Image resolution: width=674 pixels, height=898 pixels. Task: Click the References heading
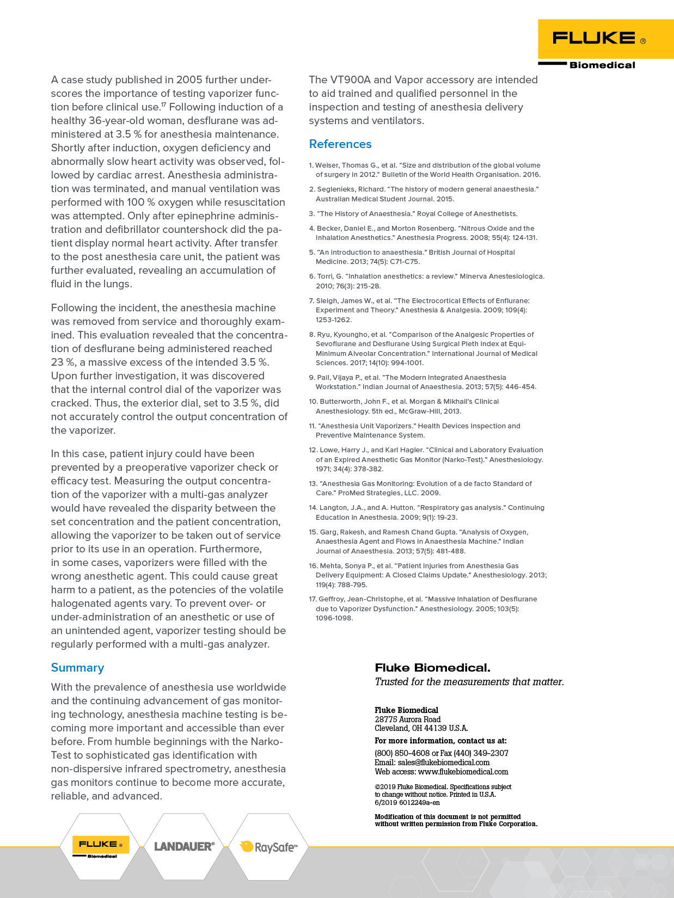click(x=340, y=144)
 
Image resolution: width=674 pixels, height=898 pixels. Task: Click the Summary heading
click(x=77, y=668)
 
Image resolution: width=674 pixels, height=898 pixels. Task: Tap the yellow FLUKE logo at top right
click(x=599, y=39)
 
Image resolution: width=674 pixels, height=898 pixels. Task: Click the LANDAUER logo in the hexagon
click(x=184, y=846)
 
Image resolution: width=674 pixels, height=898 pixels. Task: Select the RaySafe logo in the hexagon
click(x=269, y=847)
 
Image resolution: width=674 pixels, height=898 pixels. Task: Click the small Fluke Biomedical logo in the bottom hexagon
click(x=101, y=846)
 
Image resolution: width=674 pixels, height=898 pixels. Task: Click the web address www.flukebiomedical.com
click(x=463, y=772)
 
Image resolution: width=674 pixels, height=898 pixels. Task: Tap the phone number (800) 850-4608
click(x=402, y=753)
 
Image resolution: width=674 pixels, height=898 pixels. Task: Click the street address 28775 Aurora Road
click(x=407, y=719)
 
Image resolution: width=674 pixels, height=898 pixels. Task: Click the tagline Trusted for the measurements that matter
click(x=469, y=682)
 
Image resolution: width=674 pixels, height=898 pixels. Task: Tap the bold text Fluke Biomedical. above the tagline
click(x=432, y=668)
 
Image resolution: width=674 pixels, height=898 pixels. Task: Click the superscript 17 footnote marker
click(x=163, y=104)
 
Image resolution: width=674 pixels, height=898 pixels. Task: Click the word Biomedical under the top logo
click(x=602, y=65)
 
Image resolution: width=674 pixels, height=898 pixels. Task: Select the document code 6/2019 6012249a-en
click(x=407, y=803)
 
